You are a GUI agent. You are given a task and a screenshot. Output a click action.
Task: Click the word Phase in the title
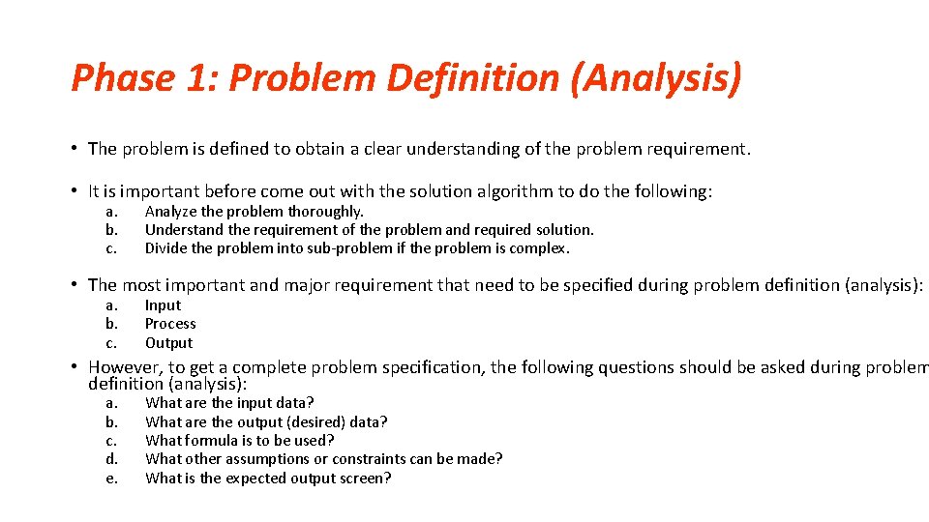[x=121, y=78]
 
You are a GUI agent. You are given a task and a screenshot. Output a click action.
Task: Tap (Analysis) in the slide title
[x=657, y=78]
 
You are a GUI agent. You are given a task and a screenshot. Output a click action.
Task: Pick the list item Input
[x=163, y=305]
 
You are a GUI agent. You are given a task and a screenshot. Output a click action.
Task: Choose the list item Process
[x=170, y=324]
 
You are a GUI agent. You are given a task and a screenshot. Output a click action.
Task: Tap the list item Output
[x=168, y=343]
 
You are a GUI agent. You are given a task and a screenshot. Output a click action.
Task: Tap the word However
[x=125, y=367]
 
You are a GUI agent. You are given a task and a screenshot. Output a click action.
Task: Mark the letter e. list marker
[x=111, y=478]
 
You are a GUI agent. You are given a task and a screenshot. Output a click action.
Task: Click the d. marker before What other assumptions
[x=111, y=459]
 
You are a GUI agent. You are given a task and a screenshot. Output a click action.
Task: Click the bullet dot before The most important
[x=75, y=284]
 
